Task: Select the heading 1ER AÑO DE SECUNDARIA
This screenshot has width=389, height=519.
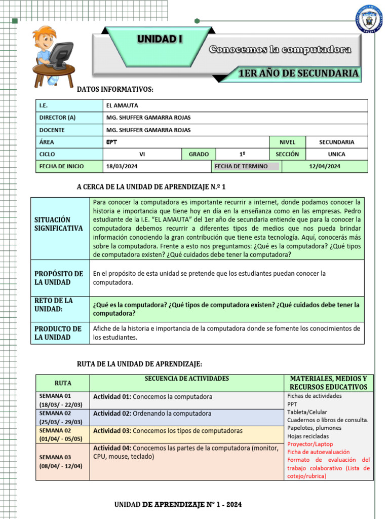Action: pos(298,74)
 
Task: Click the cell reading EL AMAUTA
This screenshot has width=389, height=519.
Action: pos(122,105)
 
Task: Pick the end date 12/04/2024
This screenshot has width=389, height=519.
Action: pos(325,166)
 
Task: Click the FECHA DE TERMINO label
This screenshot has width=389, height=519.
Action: pos(241,166)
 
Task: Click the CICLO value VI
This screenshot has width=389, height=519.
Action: pos(142,154)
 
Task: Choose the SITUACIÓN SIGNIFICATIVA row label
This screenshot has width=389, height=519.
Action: pos(59,224)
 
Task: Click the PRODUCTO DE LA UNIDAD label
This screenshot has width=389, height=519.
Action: pos(58,333)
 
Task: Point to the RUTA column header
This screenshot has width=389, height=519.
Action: pos(63,383)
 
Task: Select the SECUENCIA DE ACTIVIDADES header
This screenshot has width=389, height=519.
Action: pos(186,379)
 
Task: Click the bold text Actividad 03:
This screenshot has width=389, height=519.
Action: pos(112,431)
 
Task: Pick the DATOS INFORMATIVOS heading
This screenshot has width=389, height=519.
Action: pos(115,90)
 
